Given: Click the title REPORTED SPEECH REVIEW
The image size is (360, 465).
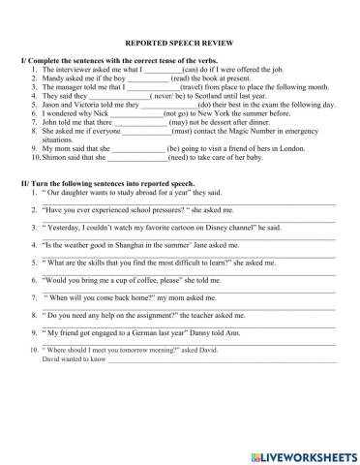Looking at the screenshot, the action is pyautogui.click(x=179, y=43).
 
